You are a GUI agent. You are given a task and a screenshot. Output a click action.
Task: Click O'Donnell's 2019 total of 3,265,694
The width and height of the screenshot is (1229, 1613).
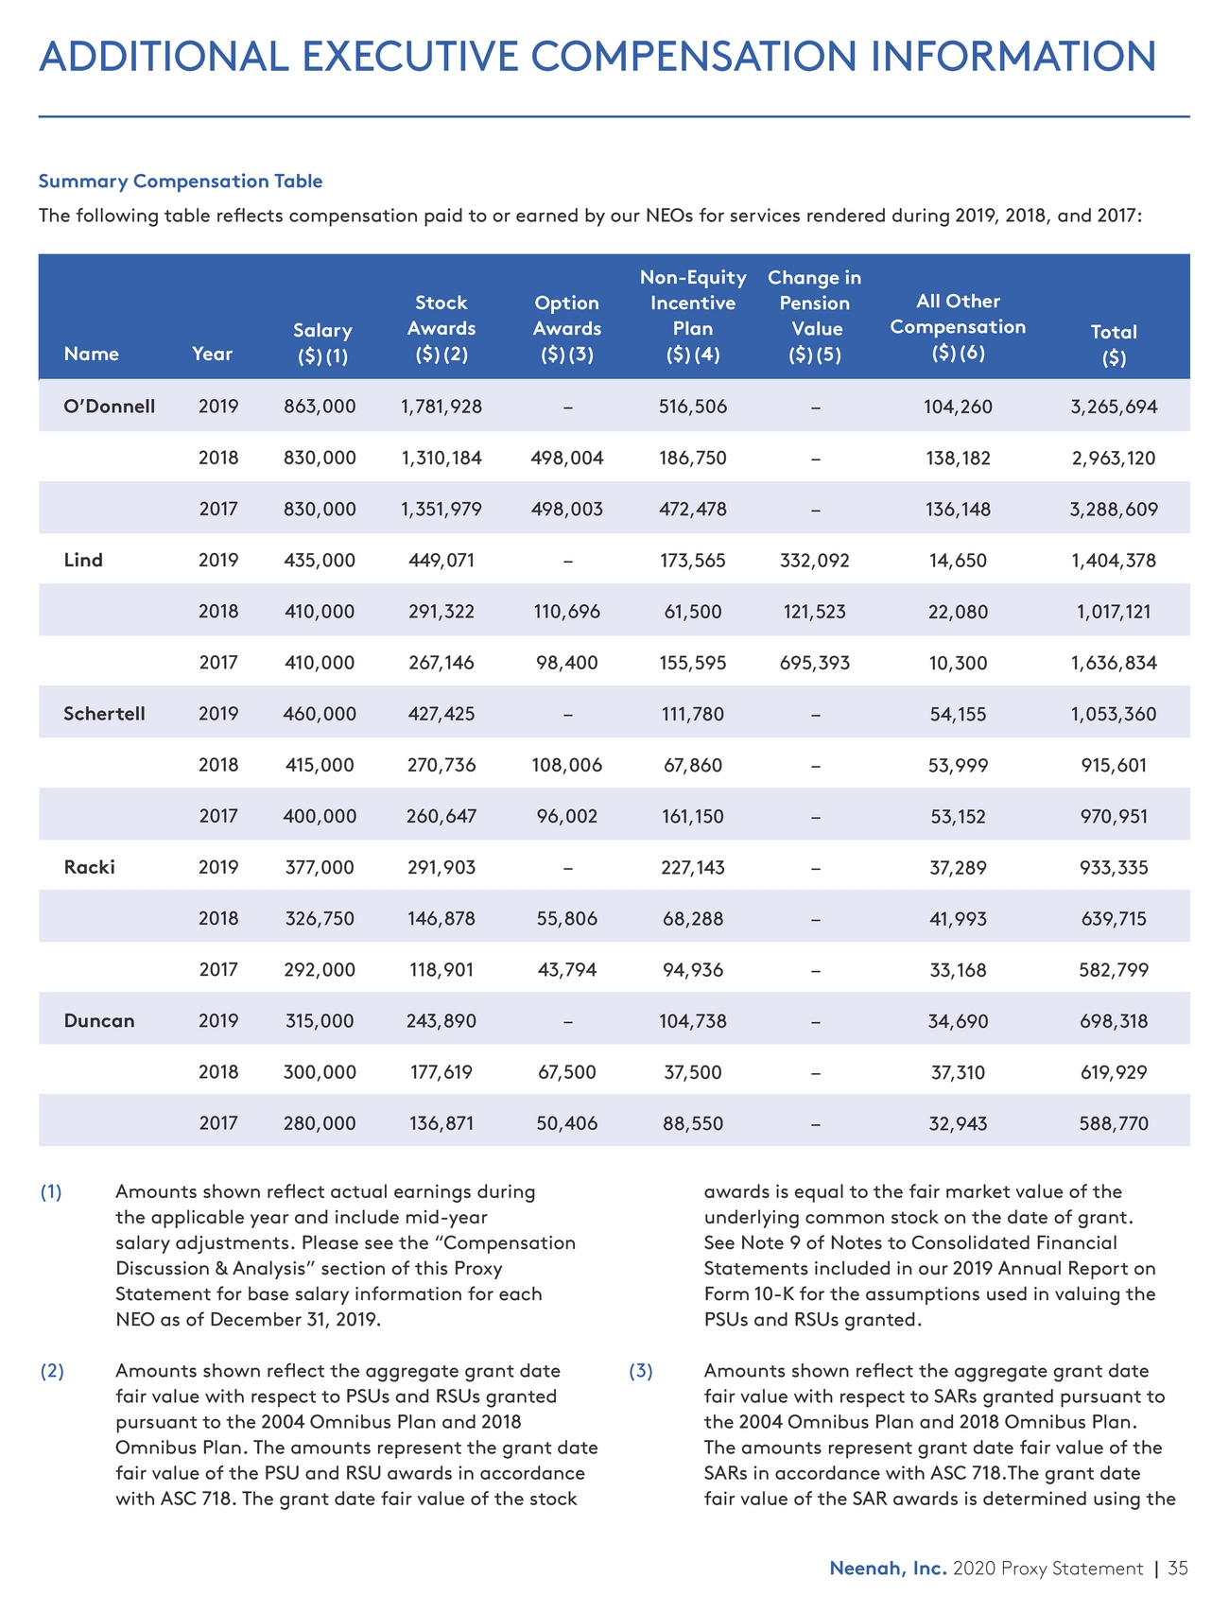[1114, 408]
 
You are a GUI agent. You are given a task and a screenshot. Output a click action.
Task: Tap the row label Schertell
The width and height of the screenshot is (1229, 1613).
[104, 714]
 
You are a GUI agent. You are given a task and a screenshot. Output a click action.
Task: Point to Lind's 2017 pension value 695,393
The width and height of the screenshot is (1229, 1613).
[815, 663]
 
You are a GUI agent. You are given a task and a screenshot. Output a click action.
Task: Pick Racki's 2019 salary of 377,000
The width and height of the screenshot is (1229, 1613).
[320, 867]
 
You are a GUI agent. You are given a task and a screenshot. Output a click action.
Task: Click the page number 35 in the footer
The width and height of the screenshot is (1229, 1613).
[1177, 1569]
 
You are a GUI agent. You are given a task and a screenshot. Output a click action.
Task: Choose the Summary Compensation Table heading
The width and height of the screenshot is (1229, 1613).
[180, 181]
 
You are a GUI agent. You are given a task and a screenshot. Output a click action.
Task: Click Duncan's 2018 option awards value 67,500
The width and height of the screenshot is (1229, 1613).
[566, 1072]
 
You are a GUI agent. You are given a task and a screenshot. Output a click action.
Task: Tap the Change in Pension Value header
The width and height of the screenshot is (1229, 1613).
[815, 316]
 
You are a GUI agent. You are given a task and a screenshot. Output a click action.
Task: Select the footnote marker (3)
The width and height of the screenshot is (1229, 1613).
[641, 1371]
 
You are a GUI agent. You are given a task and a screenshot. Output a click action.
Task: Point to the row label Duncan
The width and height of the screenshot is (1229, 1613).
[99, 1021]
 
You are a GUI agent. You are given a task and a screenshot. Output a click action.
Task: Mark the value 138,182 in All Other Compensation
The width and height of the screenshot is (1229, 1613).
[958, 459]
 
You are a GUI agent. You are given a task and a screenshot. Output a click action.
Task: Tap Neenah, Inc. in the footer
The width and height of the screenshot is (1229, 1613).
[888, 1569]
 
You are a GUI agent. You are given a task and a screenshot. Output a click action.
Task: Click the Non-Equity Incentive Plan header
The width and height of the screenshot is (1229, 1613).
[693, 316]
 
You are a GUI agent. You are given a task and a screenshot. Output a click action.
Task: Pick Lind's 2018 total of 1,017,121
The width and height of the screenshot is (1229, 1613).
[1114, 612]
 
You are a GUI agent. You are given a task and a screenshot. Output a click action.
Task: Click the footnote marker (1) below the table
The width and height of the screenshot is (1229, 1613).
[51, 1192]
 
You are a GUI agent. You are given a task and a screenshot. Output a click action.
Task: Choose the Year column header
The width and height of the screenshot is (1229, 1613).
[212, 354]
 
